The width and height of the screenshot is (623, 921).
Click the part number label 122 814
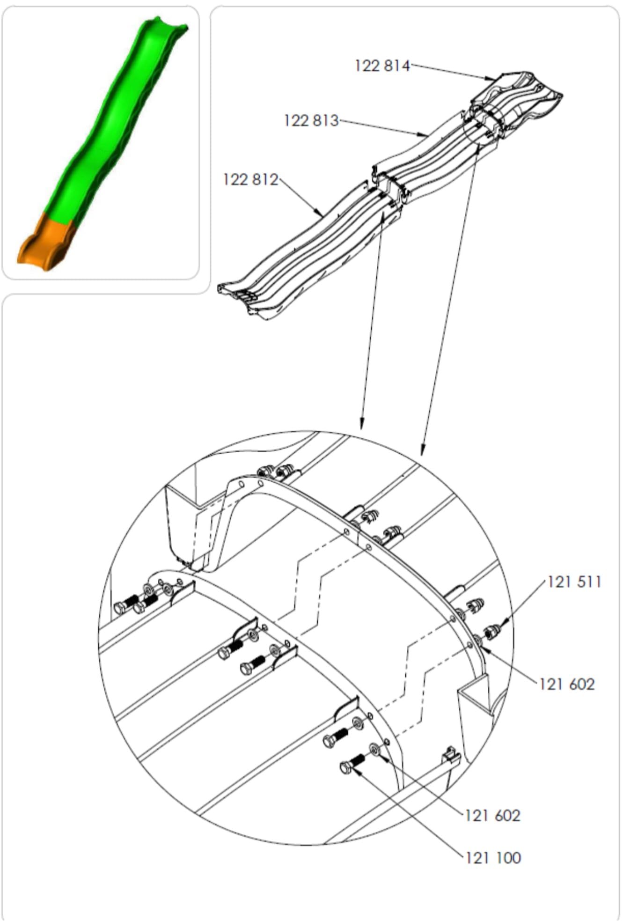(x=382, y=66)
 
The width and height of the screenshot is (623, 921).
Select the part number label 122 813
(x=311, y=121)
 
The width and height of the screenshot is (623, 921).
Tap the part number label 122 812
(x=250, y=179)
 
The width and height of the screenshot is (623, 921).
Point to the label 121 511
(x=574, y=582)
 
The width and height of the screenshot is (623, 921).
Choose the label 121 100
(x=493, y=858)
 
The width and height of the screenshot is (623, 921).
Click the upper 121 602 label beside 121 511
(x=567, y=684)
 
